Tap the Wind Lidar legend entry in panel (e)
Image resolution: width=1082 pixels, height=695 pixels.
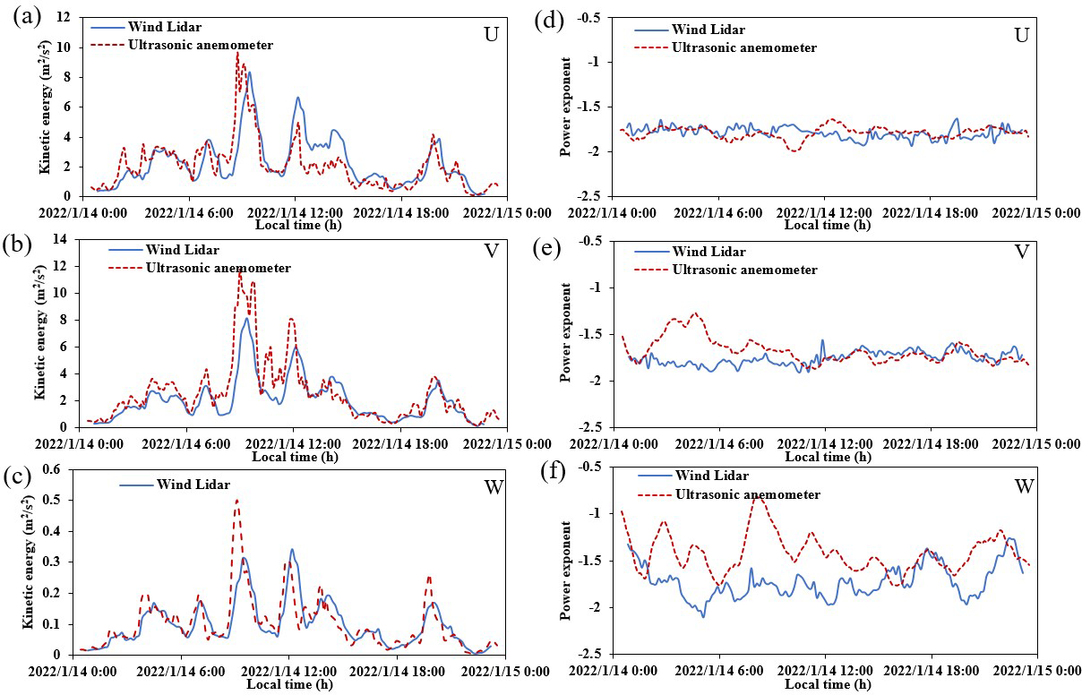click(x=708, y=252)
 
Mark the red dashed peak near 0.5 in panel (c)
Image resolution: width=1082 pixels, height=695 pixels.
click(x=236, y=501)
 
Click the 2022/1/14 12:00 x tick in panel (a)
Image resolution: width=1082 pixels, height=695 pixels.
click(x=296, y=212)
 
